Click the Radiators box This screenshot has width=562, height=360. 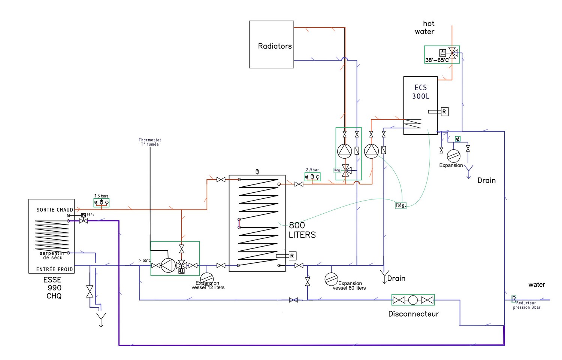(x=271, y=45)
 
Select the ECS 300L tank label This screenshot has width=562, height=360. (x=420, y=92)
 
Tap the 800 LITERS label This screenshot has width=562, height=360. (x=302, y=230)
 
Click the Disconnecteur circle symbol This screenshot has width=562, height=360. (x=413, y=300)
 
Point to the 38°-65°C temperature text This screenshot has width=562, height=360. (x=436, y=60)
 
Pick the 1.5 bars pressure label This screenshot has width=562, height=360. (x=101, y=196)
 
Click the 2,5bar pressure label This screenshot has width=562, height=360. (x=312, y=170)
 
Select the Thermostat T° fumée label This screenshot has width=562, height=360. (x=150, y=142)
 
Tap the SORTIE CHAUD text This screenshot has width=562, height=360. (x=55, y=210)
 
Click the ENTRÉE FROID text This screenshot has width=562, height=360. (x=55, y=269)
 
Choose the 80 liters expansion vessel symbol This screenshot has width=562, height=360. (x=331, y=279)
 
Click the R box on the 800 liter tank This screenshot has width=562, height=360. (x=292, y=256)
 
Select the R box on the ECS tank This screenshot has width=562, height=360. (x=444, y=112)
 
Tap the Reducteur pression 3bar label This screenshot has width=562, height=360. (x=526, y=305)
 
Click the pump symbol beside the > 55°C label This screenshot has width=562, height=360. (x=168, y=265)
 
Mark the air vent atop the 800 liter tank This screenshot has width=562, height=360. (x=257, y=172)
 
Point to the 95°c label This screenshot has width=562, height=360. (x=90, y=215)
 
